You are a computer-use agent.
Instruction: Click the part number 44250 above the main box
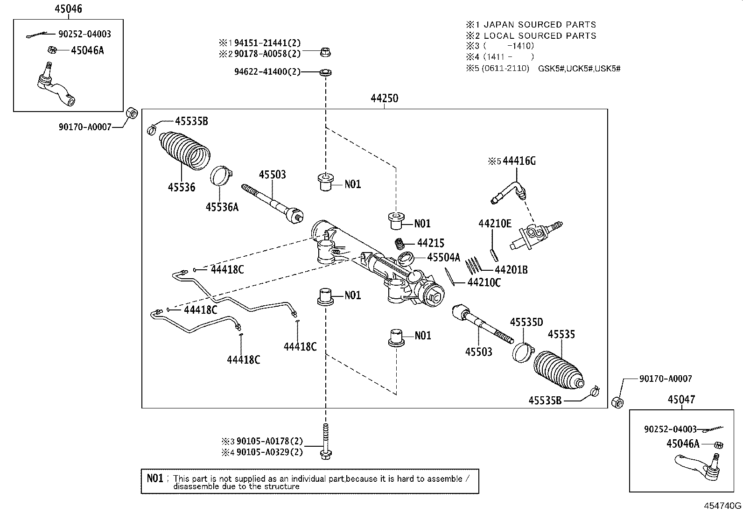pos(384,98)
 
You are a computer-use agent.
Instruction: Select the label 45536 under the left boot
pos(182,187)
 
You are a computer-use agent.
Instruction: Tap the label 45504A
pos(443,257)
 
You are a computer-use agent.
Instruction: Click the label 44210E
pos(495,223)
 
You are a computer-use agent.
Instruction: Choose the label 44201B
pos(511,270)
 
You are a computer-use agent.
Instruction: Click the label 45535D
pos(526,322)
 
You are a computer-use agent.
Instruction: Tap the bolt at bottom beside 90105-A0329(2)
pos(326,441)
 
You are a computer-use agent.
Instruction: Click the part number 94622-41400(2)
pos(267,72)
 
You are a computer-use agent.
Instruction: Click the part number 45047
pos(680,400)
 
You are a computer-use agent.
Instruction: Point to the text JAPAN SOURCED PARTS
pos(540,25)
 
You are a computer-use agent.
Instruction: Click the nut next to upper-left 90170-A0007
pos(132,113)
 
